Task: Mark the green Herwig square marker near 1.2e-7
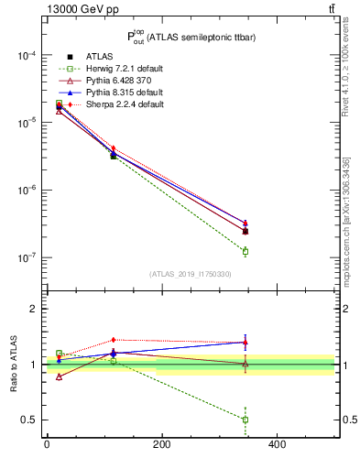click(245, 251)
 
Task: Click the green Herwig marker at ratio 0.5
click(245, 420)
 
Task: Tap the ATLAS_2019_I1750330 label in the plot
click(191, 274)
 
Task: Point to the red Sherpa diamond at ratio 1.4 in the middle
click(114, 340)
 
